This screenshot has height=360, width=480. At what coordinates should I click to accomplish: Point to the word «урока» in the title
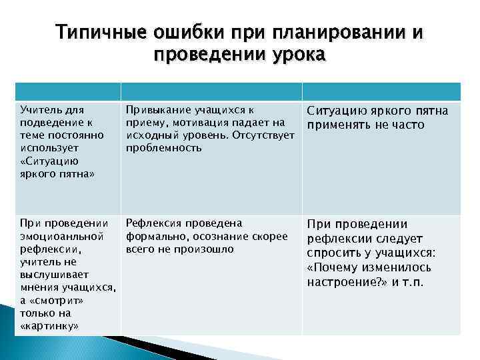[x=297, y=55]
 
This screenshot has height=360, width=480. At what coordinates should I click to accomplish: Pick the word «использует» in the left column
[x=49, y=148]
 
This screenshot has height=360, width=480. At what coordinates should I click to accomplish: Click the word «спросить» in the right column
[x=333, y=253]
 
